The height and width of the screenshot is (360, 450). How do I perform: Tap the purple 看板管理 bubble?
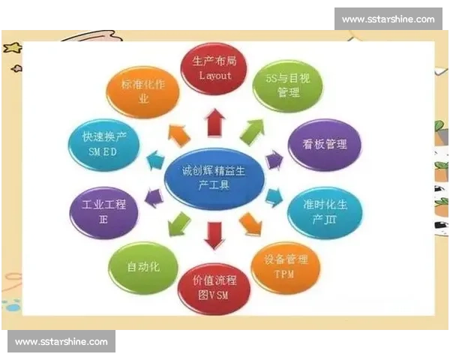click(324, 145)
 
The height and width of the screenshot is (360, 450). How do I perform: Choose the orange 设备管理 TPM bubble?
click(285, 267)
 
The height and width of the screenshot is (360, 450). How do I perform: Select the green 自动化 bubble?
click(143, 267)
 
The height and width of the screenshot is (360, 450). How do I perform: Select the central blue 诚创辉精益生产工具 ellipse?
click(214, 179)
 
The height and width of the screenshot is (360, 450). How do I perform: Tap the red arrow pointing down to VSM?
click(214, 235)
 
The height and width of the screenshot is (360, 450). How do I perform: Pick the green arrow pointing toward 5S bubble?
click(252, 130)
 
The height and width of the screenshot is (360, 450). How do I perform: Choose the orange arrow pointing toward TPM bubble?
click(248, 223)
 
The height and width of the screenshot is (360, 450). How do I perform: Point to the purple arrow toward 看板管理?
click(274, 158)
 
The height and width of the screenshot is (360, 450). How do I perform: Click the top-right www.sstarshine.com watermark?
click(388, 19)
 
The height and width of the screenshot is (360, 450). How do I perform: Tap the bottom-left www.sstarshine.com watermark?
click(61, 342)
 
